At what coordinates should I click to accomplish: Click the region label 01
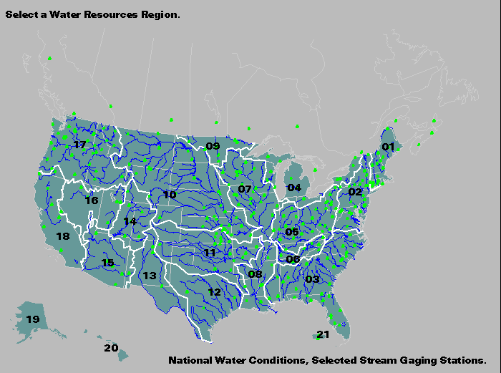point(388,147)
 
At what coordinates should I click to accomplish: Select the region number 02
point(356,192)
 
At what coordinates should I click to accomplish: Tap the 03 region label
point(312,279)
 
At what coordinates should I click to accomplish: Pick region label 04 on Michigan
point(294,188)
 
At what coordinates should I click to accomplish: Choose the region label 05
point(292,232)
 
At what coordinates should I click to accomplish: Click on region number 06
point(293,259)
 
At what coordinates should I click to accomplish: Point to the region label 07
point(245,190)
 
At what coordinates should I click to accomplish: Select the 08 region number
point(255,274)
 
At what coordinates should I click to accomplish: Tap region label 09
point(213,147)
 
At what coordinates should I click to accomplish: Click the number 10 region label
point(170,195)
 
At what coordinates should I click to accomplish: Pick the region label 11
point(210,253)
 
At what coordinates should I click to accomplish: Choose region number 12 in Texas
point(215,292)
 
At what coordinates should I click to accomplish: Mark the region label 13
point(149,276)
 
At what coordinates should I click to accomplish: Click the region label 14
point(130,222)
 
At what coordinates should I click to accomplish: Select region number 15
point(107,263)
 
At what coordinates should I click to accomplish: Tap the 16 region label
point(91,200)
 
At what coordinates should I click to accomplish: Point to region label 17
point(79,145)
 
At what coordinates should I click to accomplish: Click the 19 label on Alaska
point(33,319)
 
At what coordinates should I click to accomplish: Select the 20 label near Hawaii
point(110,348)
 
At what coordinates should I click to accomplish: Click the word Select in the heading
point(19,14)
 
